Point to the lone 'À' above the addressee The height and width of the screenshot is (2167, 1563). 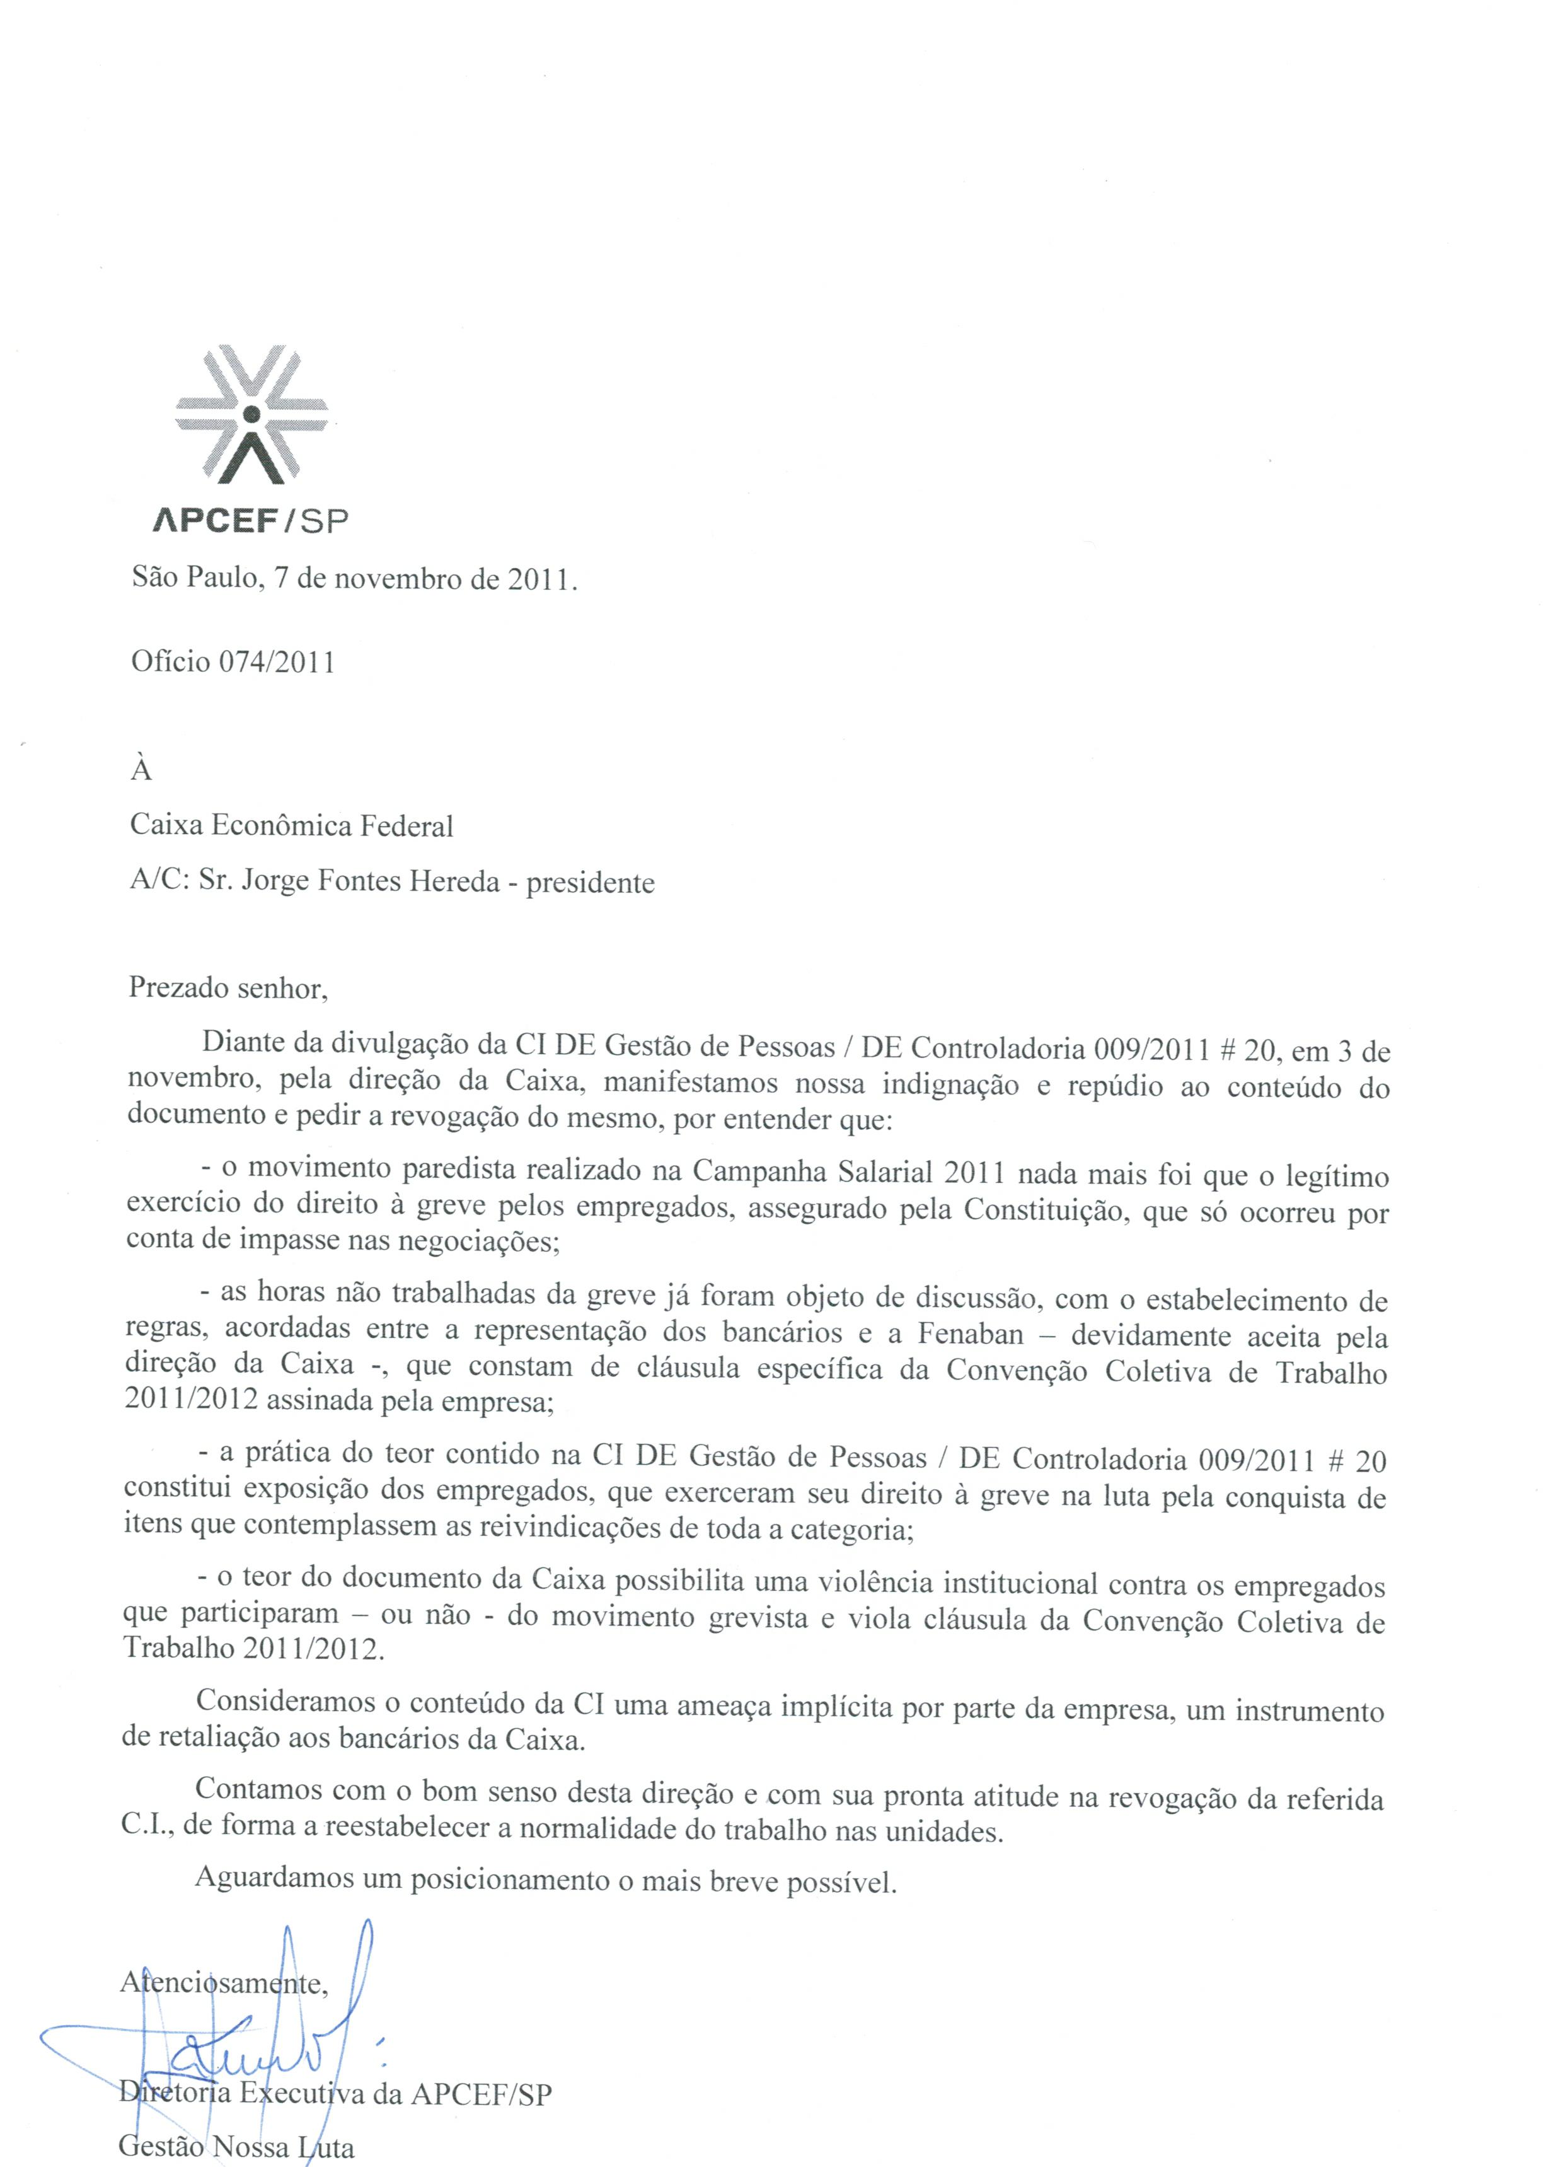tap(141, 770)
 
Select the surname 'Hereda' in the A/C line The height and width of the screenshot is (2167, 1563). tap(456, 880)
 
